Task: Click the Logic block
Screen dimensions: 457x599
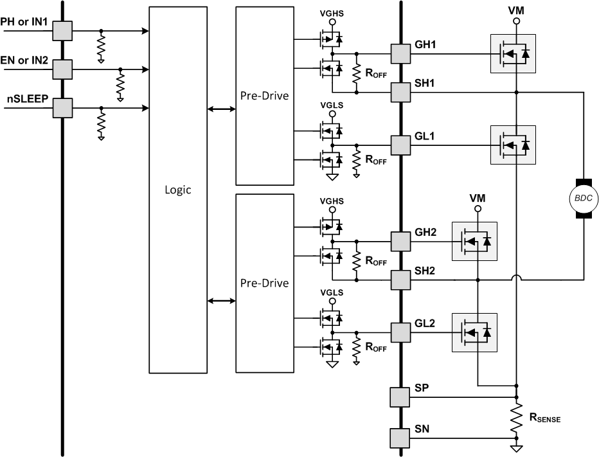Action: click(178, 190)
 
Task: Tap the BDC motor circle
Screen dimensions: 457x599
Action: click(584, 199)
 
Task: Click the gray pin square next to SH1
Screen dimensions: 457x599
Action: click(400, 93)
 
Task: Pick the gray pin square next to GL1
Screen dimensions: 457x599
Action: click(400, 145)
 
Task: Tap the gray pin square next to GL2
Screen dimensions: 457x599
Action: click(400, 332)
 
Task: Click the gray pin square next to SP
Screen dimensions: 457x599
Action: click(400, 397)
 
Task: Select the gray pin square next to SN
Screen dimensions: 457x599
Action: click(400, 438)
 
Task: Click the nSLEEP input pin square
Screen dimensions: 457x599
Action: click(63, 108)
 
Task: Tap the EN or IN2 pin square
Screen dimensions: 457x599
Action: click(63, 68)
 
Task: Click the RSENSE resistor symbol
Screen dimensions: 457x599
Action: click(515, 419)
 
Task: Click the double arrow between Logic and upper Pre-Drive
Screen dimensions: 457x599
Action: click(222, 109)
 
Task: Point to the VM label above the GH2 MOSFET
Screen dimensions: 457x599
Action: click(477, 199)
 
